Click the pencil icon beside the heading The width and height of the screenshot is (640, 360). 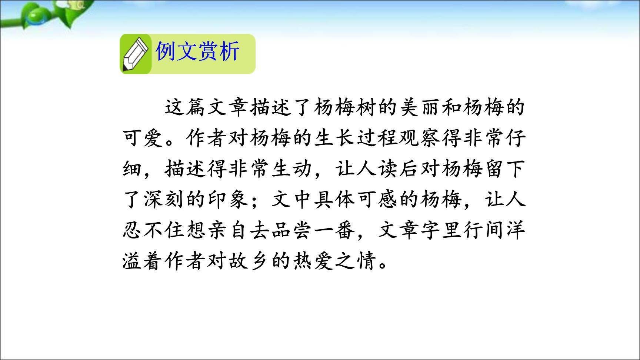135,54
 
